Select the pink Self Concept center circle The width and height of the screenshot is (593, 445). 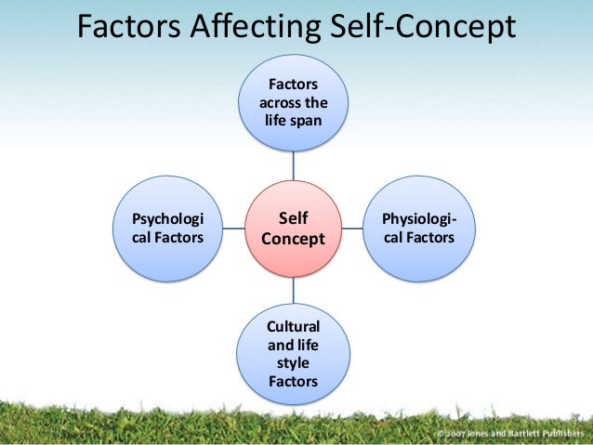[293, 227]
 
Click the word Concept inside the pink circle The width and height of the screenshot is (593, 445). [293, 239]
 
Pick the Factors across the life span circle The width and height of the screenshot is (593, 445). [293, 103]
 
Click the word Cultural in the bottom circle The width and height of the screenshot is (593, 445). [293, 326]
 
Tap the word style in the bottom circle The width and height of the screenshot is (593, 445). [293, 362]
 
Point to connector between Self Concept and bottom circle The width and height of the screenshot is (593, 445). [293, 290]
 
